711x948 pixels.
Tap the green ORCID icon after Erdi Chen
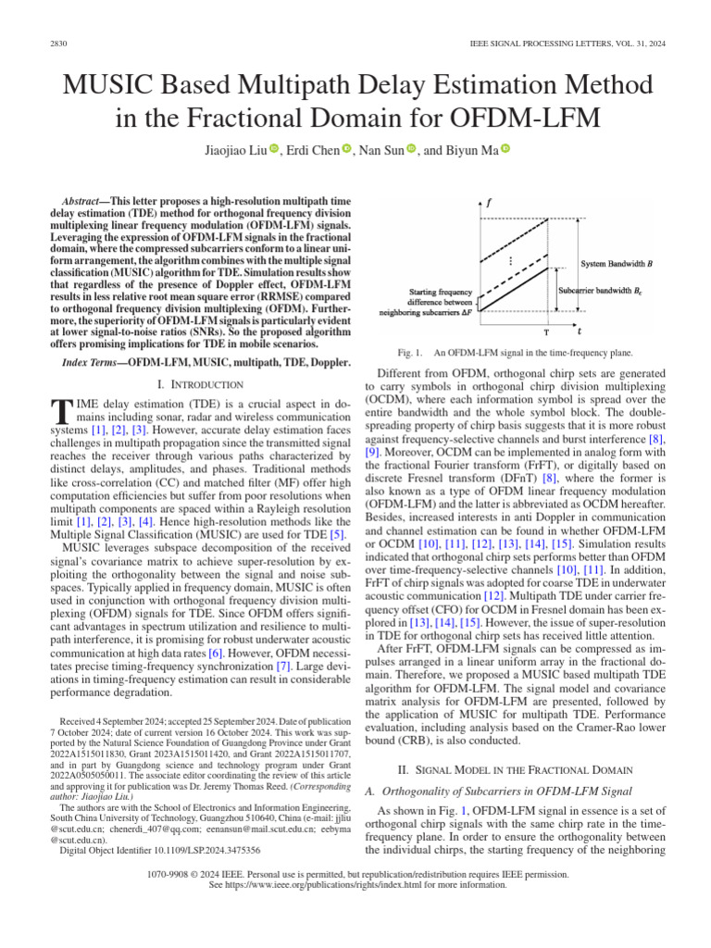[346, 149]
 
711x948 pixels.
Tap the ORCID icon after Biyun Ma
[506, 149]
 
